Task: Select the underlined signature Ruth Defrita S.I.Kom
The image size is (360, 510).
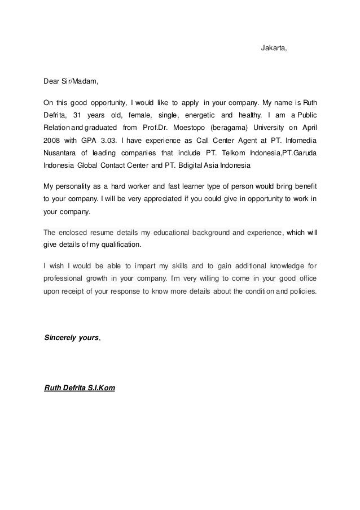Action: click(x=80, y=388)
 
